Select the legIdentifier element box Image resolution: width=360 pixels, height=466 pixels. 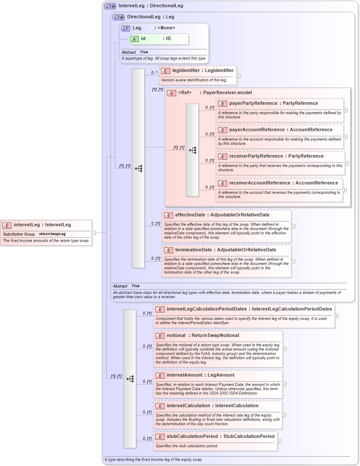tap(197, 75)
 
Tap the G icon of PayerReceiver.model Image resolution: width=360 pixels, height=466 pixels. tap(171, 93)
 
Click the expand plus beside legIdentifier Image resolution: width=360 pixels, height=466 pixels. tap(239, 75)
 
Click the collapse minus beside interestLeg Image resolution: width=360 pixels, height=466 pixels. tap(94, 233)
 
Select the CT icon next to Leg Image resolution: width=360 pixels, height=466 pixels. tap(126, 28)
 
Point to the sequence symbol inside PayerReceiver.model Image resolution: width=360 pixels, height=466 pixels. tap(192, 150)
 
